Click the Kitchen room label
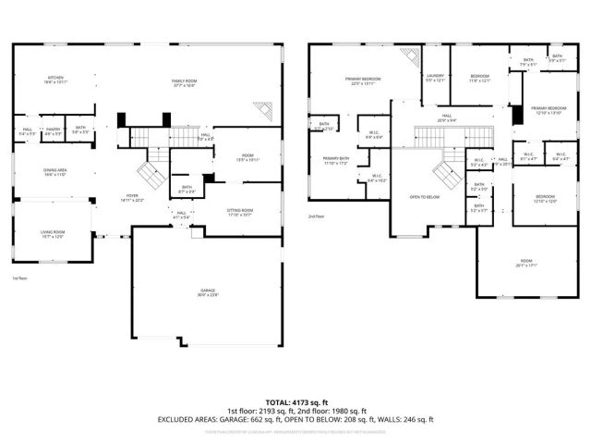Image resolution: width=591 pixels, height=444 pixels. coord(55,80)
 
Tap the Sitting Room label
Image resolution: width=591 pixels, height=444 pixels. coord(240,213)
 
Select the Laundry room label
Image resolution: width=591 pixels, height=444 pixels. coord(436,78)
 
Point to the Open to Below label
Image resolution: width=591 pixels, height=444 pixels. coord(425,197)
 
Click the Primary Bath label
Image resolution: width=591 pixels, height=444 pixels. coord(335,161)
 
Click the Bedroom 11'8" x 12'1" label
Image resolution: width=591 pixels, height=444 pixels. coord(479,78)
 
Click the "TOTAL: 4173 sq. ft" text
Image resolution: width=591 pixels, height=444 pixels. coord(295,401)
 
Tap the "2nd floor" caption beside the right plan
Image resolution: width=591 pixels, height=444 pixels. coord(317,216)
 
